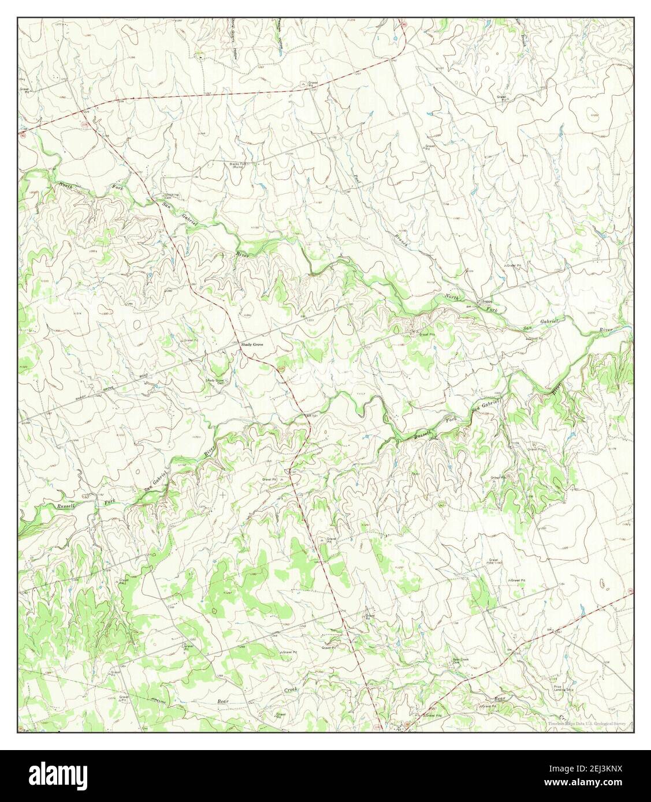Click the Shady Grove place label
tap(252, 344)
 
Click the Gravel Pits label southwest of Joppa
tap(426, 333)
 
